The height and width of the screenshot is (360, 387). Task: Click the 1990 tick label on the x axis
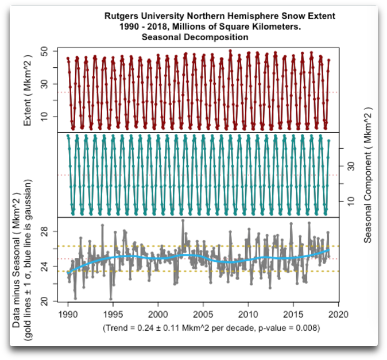[68, 314]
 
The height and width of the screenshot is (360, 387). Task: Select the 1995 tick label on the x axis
[113, 314]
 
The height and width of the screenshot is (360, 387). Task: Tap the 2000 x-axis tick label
[158, 314]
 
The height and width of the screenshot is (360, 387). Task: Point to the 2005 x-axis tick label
[203, 314]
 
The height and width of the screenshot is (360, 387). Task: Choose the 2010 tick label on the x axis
[248, 314]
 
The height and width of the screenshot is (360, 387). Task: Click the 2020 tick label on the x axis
[338, 314]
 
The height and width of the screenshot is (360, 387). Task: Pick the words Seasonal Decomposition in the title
[195, 37]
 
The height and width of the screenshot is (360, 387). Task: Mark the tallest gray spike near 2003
[183, 220]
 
